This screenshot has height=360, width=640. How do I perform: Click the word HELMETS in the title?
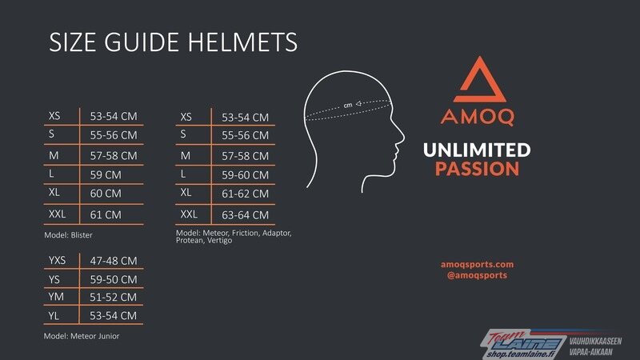point(242,42)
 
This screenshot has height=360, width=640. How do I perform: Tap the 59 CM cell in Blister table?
point(106,174)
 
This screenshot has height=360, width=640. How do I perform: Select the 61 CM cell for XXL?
point(106,214)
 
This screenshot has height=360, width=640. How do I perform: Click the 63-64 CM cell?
point(246,214)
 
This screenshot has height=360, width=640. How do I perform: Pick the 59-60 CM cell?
point(246,175)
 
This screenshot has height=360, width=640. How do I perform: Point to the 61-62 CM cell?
point(246,194)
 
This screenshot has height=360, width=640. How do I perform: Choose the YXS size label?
point(57,261)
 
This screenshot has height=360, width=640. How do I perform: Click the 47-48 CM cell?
point(114,261)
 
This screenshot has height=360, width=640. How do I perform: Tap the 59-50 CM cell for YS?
point(114,279)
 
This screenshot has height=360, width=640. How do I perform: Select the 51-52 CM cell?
point(113,297)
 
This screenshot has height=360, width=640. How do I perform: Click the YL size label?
point(54,316)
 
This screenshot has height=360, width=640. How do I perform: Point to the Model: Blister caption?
point(68,235)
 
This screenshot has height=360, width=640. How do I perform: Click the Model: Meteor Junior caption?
point(82,336)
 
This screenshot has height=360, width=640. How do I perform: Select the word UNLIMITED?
point(477,150)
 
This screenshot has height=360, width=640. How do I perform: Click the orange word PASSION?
point(477,169)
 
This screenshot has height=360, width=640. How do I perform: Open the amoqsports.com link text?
point(477,265)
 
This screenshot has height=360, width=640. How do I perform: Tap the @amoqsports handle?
point(477,275)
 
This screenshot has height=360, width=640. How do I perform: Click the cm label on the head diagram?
point(348,106)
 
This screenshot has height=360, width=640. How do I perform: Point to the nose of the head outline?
point(402,138)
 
